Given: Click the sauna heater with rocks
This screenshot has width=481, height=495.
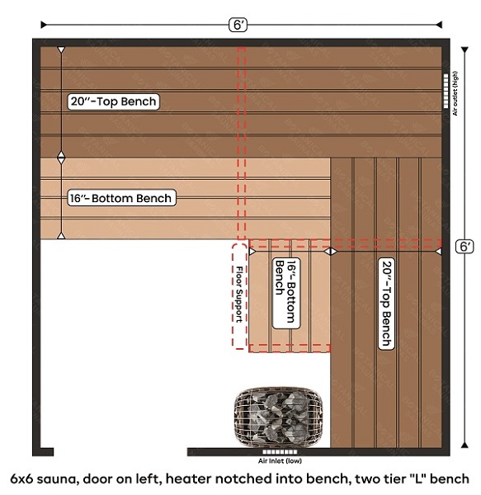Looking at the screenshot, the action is tap(278, 417).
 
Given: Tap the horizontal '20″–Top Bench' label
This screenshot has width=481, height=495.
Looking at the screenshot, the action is tap(113, 101).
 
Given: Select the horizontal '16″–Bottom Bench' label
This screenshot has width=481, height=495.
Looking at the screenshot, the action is tap(121, 198).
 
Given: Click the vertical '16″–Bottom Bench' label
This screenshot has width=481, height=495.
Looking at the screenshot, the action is tap(286, 293).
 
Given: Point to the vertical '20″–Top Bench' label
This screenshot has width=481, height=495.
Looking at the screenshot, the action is tap(387, 304).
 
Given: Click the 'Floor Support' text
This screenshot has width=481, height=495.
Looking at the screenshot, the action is tap(239, 295).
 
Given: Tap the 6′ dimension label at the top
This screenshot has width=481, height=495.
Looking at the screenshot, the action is tap(238, 25).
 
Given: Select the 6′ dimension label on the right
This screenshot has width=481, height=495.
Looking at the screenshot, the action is tap(464, 246).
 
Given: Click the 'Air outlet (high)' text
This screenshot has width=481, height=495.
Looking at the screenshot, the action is tap(455, 93).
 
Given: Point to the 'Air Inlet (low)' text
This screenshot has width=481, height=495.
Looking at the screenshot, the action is tap(280, 460).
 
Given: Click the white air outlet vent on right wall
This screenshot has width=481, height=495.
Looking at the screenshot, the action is tap(446, 91).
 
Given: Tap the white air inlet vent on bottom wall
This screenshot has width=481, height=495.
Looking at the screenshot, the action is tap(280, 452).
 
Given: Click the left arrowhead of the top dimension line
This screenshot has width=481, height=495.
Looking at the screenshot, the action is tap(44, 25).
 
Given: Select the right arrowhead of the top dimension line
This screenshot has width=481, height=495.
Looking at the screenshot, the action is tap(439, 25).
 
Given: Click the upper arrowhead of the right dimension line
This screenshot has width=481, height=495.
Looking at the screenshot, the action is tap(464, 49).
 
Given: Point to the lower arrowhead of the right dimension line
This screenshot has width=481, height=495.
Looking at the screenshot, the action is tap(464, 445).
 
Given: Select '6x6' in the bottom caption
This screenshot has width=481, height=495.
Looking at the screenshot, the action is tap(21, 478).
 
